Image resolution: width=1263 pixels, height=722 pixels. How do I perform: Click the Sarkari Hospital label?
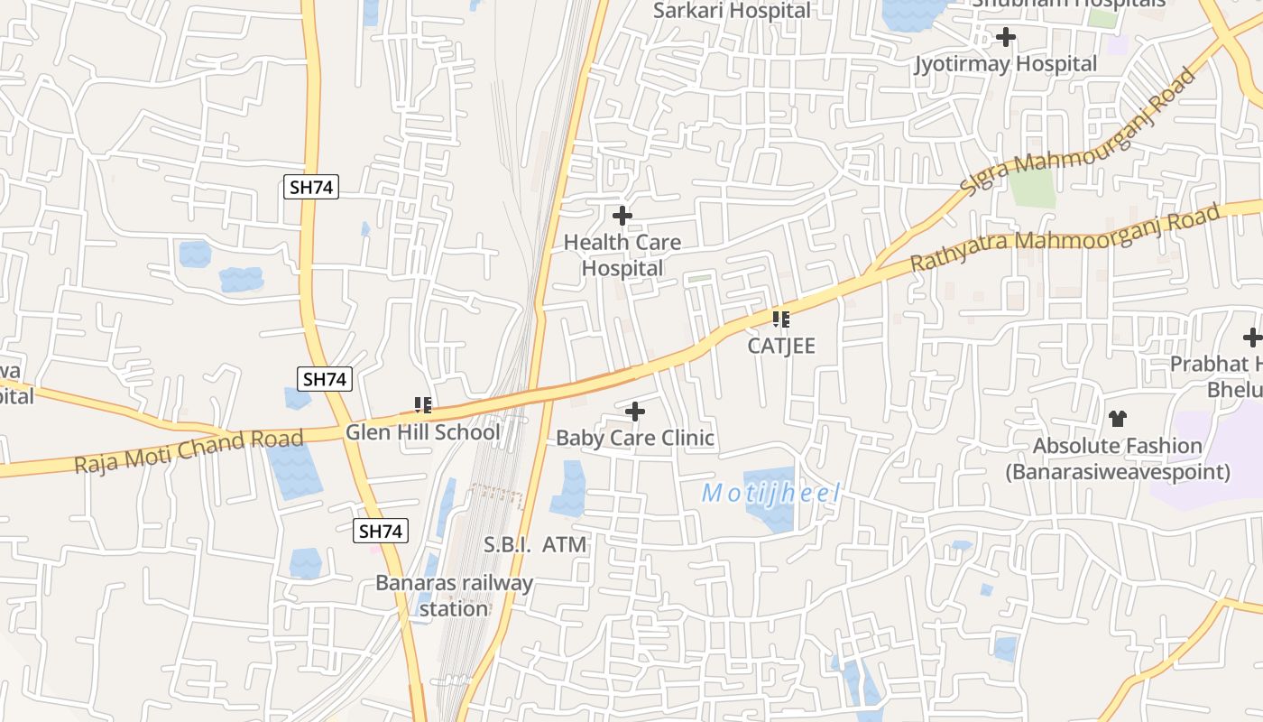[x=732, y=11]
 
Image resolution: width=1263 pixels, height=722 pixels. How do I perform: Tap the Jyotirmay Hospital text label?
[x=1006, y=64]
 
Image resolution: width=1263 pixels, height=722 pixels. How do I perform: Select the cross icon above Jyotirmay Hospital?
[x=1005, y=37]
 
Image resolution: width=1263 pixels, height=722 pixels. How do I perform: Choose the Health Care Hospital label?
[x=622, y=255]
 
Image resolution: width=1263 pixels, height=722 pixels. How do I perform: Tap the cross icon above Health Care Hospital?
[x=622, y=217]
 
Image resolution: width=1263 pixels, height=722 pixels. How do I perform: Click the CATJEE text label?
[x=781, y=346]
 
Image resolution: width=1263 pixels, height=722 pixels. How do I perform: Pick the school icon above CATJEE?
[x=781, y=319]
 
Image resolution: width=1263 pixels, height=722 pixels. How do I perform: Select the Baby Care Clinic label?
[x=635, y=439]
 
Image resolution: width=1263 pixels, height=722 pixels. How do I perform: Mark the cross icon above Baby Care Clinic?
[x=635, y=412]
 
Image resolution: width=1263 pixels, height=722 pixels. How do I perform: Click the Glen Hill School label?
[x=422, y=432]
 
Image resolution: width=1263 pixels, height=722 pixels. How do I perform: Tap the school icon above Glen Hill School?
[x=422, y=405]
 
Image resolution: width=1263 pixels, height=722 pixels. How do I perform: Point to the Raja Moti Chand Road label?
[x=189, y=451]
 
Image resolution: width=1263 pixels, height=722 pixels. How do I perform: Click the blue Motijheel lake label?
[x=771, y=494]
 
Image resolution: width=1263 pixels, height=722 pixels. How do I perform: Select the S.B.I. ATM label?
[x=535, y=545]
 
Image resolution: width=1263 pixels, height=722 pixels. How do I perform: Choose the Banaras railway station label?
[x=454, y=596]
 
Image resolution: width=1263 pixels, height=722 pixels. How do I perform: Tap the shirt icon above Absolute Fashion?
[x=1118, y=419]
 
